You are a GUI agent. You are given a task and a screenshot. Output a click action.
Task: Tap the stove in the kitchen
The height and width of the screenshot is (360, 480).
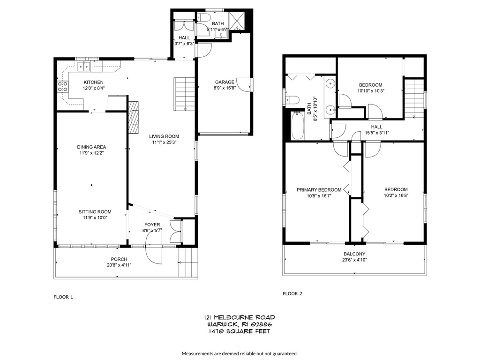61,86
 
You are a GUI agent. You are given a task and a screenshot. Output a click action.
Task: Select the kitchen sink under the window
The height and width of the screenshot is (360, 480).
84,67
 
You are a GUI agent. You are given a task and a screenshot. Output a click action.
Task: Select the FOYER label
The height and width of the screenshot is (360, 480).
152,225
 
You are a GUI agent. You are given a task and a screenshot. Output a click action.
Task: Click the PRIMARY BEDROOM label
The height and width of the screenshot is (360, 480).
319,190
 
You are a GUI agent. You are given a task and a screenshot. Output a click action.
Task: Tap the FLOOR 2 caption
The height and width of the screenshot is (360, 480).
292,294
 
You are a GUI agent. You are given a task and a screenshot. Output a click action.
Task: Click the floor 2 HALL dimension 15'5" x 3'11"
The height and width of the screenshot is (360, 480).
377,133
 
